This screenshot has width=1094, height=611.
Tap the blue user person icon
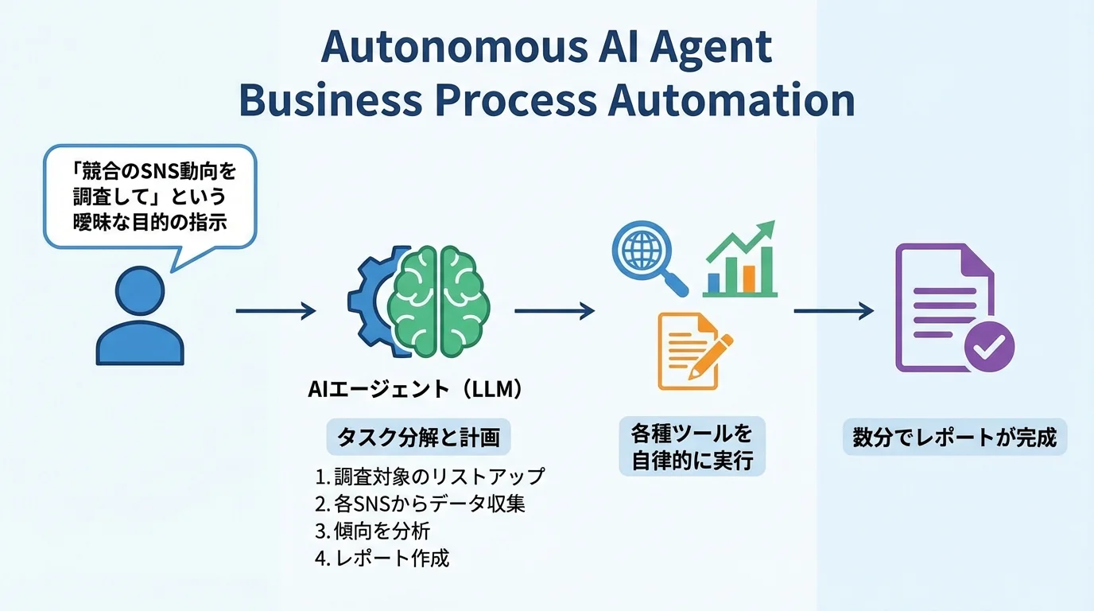[x=140, y=316]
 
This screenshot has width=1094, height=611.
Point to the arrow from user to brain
[x=275, y=310]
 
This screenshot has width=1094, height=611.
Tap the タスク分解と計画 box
[x=418, y=438]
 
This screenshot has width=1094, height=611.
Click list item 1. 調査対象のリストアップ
[x=430, y=477]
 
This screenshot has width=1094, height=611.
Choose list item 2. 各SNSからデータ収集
[x=420, y=504]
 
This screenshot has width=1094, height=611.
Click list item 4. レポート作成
[x=382, y=558]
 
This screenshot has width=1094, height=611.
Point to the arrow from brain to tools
[x=554, y=310]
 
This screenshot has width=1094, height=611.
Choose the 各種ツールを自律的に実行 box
[x=692, y=447]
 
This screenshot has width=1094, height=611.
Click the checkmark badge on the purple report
[x=989, y=345]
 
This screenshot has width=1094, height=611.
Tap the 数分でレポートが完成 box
[x=954, y=438]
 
